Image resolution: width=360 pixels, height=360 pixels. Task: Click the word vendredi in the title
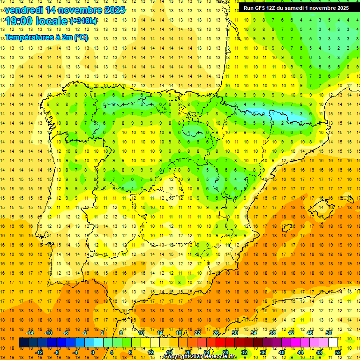point(24,10)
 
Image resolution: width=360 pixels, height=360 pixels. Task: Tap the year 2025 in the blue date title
point(112,10)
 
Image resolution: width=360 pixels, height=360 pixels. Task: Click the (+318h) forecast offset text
point(83,21)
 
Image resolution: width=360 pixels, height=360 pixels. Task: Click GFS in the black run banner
point(261,8)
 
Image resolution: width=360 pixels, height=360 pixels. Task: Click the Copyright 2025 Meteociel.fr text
point(200,357)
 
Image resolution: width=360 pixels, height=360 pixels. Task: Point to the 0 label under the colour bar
point(93,352)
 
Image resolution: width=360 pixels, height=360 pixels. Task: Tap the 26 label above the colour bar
point(216,332)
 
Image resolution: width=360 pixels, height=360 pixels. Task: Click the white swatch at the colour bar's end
point(333,343)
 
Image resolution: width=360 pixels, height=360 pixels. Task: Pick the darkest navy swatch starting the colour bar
point(23,343)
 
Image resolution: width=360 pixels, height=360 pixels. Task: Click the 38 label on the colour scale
point(272,332)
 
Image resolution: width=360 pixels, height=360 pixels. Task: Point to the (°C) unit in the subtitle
point(80,37)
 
